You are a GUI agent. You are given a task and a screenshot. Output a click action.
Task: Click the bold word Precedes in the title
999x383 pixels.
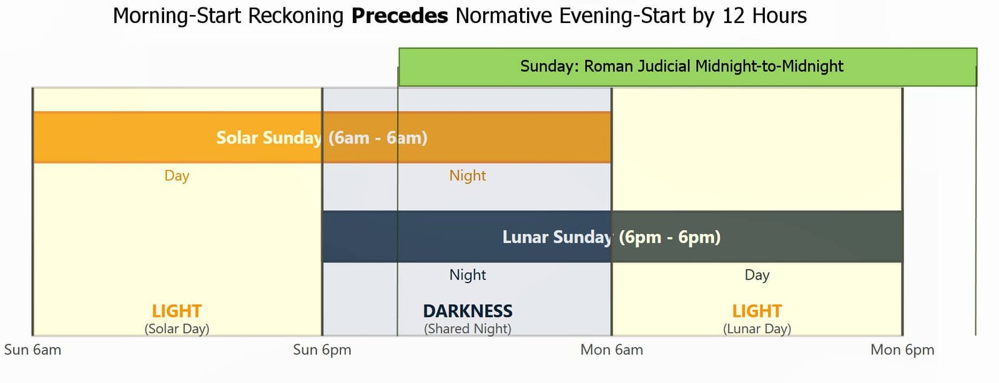click(x=400, y=16)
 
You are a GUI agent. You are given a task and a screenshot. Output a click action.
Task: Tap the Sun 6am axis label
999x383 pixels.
click(x=32, y=350)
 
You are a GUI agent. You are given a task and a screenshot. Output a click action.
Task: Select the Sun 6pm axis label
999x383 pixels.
click(x=322, y=350)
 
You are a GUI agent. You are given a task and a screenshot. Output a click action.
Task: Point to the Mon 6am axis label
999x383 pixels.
click(x=611, y=350)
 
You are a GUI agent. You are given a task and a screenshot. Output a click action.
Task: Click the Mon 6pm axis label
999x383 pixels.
click(x=902, y=350)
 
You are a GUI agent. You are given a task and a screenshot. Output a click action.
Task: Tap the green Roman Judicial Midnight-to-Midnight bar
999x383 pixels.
click(x=687, y=67)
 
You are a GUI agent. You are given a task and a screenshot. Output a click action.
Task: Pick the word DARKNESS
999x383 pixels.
click(x=468, y=311)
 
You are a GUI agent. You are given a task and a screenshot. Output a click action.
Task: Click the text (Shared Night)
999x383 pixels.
click(x=468, y=329)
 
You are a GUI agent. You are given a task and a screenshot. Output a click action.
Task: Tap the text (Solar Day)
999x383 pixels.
click(x=177, y=329)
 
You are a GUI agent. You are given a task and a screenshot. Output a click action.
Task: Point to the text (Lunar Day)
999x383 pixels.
click(x=757, y=329)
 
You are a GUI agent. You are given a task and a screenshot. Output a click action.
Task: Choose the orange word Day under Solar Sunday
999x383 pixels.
click(x=177, y=175)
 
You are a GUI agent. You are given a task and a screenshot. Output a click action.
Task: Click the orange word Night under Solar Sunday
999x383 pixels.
click(x=468, y=175)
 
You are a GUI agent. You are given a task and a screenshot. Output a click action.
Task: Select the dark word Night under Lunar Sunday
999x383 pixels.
click(x=468, y=275)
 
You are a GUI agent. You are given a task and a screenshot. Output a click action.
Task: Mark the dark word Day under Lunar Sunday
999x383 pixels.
click(x=757, y=275)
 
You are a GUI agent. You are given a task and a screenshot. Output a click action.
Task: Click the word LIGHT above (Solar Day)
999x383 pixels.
click(x=177, y=311)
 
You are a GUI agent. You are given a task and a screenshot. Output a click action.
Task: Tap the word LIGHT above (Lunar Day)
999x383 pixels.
click(x=757, y=311)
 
